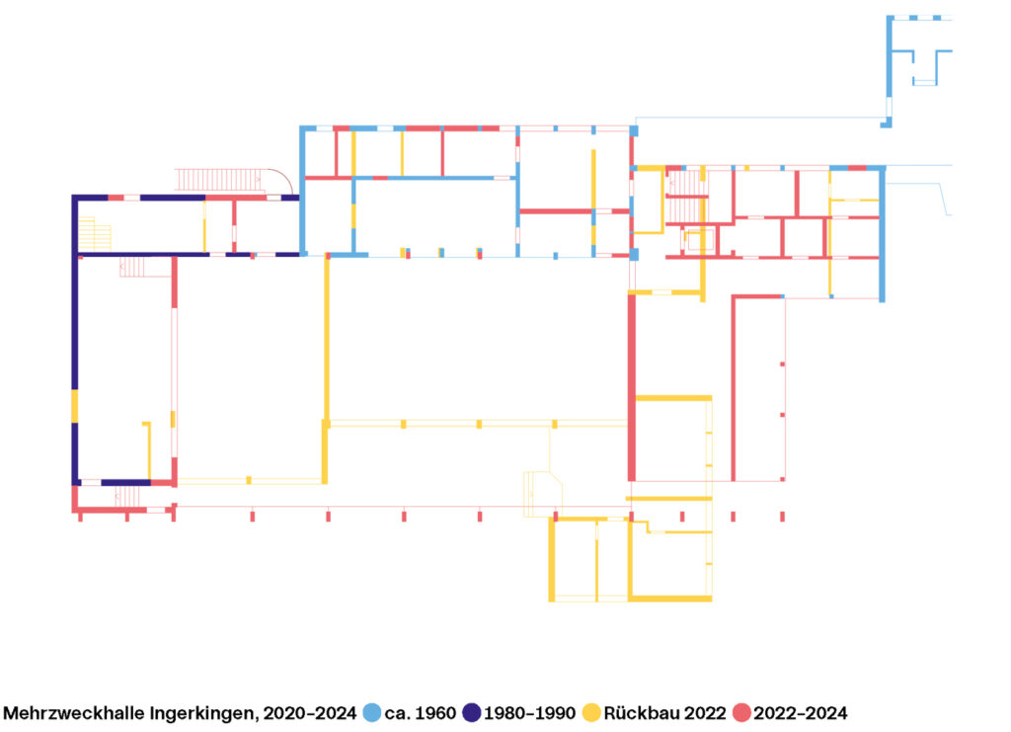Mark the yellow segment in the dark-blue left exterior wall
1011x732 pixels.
(x=75, y=406)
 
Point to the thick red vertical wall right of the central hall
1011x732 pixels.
(x=632, y=385)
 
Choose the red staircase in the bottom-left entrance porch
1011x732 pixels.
(x=127, y=495)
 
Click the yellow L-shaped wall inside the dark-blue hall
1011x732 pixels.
(x=148, y=449)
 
